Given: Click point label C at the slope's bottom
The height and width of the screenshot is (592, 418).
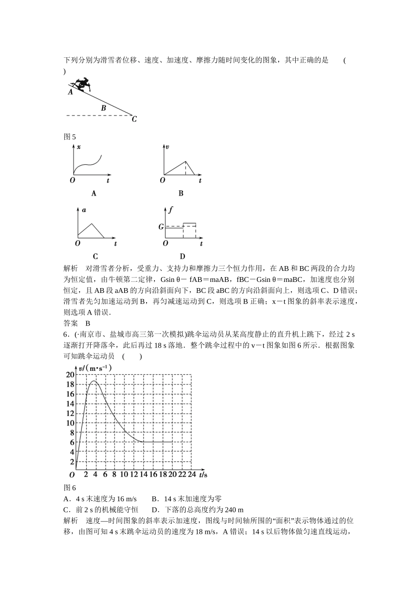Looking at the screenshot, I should click(134, 119).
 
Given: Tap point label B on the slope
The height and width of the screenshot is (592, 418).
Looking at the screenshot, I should click(103, 108).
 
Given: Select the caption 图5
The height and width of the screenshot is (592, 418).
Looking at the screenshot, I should click(70, 137).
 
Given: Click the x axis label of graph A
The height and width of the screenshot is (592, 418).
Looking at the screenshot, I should click(78, 147).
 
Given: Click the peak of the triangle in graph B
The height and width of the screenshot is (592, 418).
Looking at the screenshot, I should click(185, 161).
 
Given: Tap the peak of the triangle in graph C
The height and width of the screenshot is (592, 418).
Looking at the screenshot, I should click(91, 224).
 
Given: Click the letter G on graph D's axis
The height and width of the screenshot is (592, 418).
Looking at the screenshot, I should click(161, 227).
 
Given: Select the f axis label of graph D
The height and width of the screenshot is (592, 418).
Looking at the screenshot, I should click(170, 210).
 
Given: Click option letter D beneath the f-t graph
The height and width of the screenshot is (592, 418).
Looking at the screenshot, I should click(182, 256).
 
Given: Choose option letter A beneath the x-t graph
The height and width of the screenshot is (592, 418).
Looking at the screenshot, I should click(93, 193).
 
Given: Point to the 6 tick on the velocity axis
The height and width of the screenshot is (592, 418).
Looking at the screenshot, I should click(72, 442).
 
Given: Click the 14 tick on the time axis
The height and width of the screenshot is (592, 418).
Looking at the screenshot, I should click(143, 475).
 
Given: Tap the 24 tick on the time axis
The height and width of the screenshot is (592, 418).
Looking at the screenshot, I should click(191, 475).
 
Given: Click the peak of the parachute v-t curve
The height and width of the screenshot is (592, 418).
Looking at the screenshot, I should click(93, 381).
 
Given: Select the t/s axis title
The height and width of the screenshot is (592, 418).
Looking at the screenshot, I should click(203, 475).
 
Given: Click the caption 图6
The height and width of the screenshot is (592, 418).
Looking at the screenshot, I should click(70, 488).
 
